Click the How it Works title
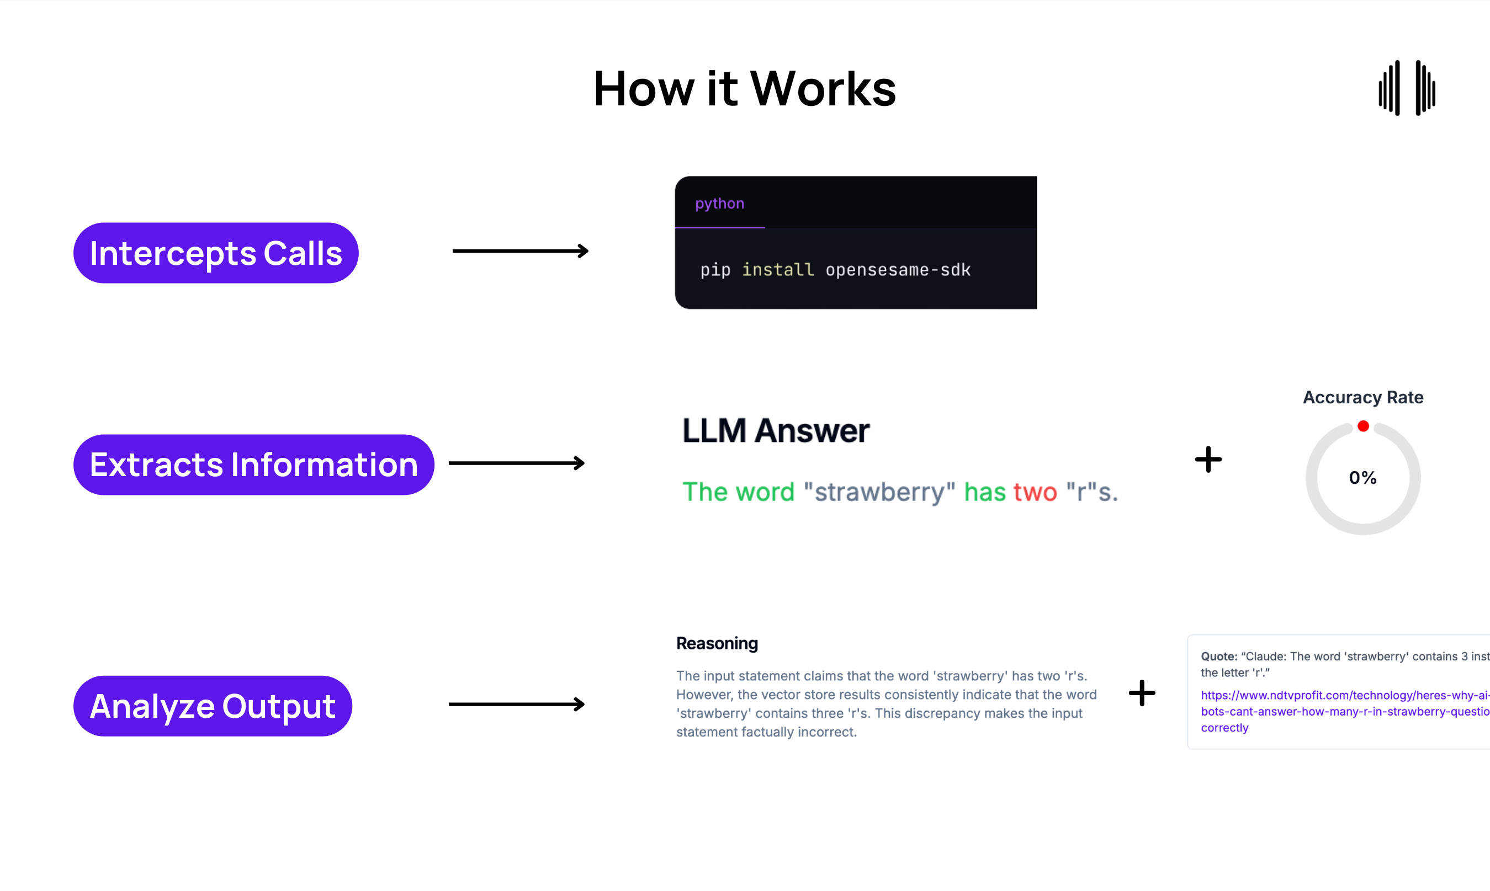click(x=744, y=89)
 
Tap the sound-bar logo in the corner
click(x=1407, y=88)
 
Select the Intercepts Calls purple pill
click(x=216, y=253)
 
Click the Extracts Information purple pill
click(x=253, y=465)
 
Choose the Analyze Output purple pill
click(x=213, y=706)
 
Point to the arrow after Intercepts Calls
click(x=520, y=251)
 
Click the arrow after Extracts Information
click(x=517, y=463)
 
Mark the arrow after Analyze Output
click(x=517, y=705)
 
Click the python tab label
click(x=719, y=204)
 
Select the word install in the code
click(x=778, y=270)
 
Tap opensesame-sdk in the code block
click(x=898, y=270)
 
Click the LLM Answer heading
click(x=776, y=430)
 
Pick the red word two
click(x=1035, y=492)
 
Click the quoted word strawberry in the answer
click(x=879, y=492)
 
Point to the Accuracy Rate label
click(x=1362, y=397)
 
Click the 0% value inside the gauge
click(x=1362, y=478)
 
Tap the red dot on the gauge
click(x=1363, y=426)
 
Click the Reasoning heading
click(x=717, y=644)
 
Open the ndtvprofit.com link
click(x=1344, y=712)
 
